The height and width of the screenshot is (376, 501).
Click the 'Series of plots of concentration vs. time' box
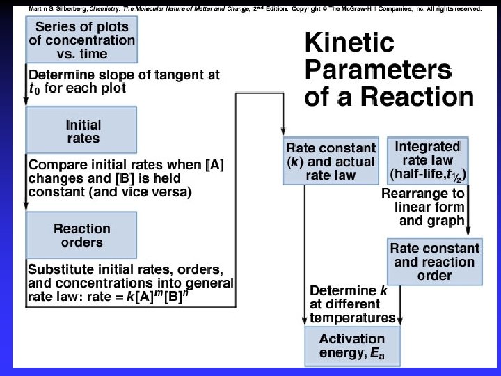click(x=82, y=40)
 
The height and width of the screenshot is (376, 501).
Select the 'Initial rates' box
click(x=82, y=132)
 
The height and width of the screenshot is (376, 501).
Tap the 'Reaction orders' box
click(x=82, y=235)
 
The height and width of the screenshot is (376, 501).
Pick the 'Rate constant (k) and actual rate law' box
click(x=331, y=161)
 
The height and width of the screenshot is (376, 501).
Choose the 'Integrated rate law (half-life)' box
click(x=427, y=161)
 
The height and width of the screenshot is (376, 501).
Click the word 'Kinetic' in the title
click(x=349, y=43)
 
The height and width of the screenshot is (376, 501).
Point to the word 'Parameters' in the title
click(x=378, y=70)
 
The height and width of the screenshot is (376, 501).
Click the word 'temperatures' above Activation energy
click(x=353, y=318)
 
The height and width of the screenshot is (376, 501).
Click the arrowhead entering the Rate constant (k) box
click(x=283, y=132)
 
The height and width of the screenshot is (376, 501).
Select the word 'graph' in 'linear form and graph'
click(x=447, y=221)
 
